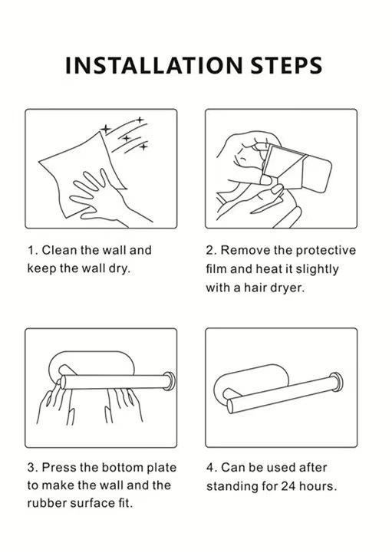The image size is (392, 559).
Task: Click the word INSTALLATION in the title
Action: [154, 65]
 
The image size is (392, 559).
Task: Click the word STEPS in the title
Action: [286, 65]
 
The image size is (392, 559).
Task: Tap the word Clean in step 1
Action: [60, 250]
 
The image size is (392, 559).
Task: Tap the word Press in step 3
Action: [59, 468]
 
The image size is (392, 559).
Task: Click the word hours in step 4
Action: [318, 486]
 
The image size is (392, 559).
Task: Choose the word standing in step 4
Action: [232, 487]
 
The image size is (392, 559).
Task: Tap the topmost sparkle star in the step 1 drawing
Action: [140, 120]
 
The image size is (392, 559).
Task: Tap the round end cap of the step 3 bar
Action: [170, 381]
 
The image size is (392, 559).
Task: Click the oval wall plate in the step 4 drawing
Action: [250, 380]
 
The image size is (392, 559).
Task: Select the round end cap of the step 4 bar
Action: [336, 382]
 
